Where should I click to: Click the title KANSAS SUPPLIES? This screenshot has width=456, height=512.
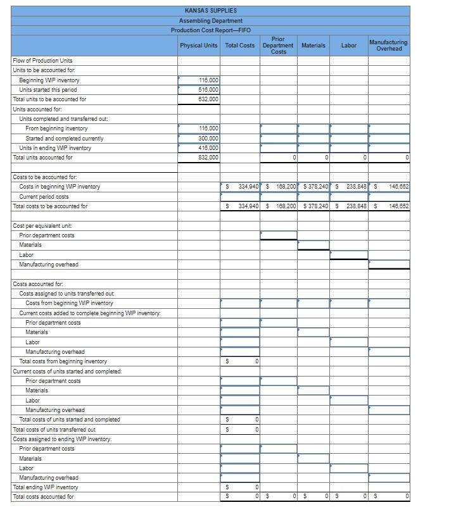coord(210,11)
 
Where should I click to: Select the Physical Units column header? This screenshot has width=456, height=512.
coord(199,46)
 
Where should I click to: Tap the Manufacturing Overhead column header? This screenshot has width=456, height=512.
coord(388,46)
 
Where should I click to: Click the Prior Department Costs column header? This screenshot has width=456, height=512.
coord(278,46)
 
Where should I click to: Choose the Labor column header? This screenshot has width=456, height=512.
coord(348,46)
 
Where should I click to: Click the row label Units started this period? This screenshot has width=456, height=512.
coord(48,90)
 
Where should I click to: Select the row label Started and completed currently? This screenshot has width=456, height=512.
coord(65,139)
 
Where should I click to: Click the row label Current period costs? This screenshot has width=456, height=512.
coord(44,197)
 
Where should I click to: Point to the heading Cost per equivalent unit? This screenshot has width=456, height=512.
coord(42,226)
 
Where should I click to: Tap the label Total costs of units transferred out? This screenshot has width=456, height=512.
coord(54,429)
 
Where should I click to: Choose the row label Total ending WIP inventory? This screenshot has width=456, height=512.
coord(46,487)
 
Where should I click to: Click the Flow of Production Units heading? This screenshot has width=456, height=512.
coord(42,61)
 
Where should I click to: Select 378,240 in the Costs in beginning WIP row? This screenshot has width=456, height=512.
coord(316,187)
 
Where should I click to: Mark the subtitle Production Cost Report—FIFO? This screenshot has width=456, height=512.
coord(210,30)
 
